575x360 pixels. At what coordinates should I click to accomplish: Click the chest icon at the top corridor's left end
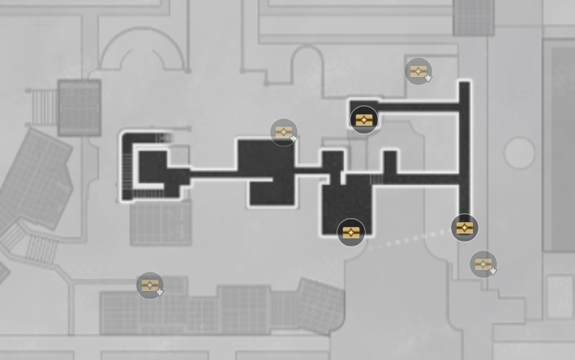click(x=363, y=120)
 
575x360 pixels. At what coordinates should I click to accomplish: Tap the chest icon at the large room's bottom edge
click(x=350, y=233)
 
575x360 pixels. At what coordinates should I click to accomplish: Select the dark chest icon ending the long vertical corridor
click(x=464, y=228)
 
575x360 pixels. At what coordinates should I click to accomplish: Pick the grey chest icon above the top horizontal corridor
click(x=418, y=71)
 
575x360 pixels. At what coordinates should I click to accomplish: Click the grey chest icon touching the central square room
click(x=282, y=132)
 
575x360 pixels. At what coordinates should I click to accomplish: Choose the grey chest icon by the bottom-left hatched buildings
click(x=149, y=285)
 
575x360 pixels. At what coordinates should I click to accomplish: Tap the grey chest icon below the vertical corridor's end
click(x=483, y=264)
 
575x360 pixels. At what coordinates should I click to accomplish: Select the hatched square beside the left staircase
click(x=79, y=107)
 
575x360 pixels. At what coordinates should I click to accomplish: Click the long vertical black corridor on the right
click(x=465, y=154)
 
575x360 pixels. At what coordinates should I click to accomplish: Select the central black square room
click(x=264, y=170)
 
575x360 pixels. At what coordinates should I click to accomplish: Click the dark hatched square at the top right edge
click(x=474, y=16)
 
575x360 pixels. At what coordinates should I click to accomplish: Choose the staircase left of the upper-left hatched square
click(x=43, y=105)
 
